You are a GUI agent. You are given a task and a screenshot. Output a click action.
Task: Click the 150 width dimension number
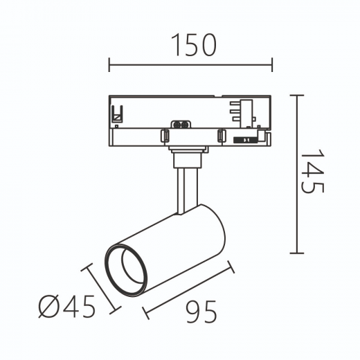(x=194, y=45)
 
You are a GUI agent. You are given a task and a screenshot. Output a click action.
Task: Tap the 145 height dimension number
(x=313, y=171)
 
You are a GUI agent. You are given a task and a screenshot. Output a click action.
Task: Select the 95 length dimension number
(x=201, y=312)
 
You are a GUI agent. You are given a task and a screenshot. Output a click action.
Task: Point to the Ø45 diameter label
(x=67, y=306)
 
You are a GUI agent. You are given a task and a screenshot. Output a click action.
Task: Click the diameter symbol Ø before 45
(x=49, y=307)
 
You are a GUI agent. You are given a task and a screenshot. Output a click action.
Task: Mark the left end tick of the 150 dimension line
(x=109, y=64)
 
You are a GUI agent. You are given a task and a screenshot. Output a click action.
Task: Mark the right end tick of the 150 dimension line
(x=272, y=64)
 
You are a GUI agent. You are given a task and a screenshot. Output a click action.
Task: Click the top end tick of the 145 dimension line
(x=297, y=95)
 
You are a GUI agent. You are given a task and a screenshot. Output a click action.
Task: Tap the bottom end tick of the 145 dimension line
(x=297, y=253)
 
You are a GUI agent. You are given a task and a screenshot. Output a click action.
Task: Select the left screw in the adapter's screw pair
(x=177, y=125)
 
